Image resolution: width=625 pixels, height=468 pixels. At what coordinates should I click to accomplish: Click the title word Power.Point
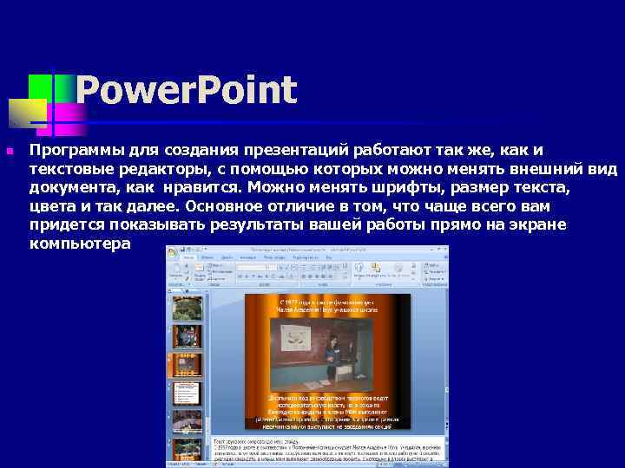[x=186, y=91]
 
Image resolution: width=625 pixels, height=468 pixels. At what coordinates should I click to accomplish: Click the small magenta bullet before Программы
[x=10, y=152]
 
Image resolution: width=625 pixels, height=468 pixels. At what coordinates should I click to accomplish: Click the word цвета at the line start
[x=50, y=206]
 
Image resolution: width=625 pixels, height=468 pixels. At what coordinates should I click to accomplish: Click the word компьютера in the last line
[x=80, y=244]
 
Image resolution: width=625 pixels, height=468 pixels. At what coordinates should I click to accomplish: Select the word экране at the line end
[x=535, y=225]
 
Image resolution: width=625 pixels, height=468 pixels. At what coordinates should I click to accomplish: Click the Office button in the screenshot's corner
[x=174, y=253]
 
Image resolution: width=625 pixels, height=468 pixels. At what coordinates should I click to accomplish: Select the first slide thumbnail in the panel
[x=187, y=309]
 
